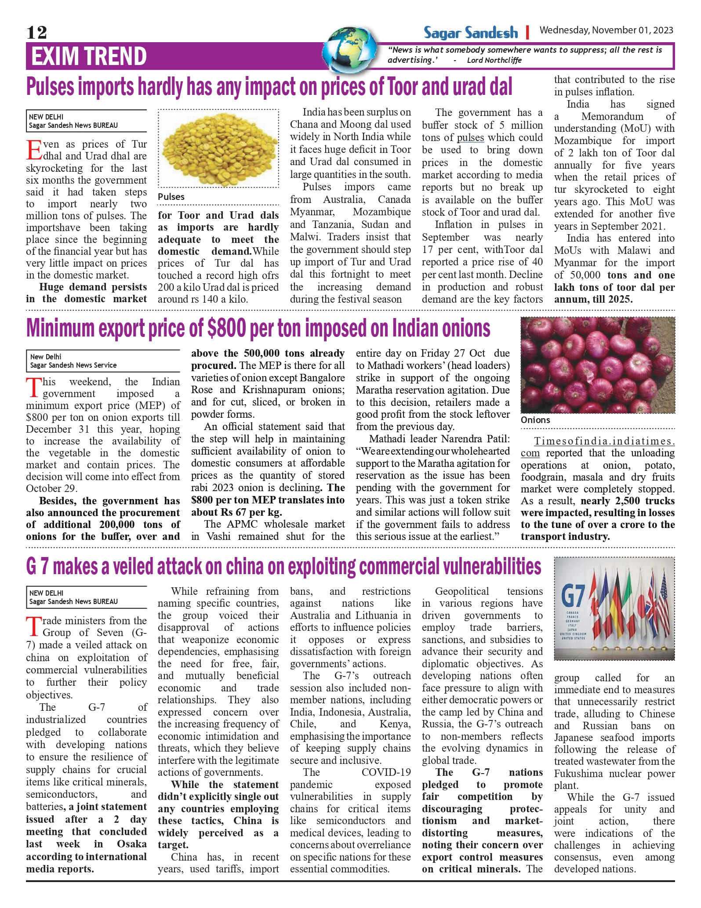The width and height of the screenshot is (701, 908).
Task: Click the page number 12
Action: [36, 33]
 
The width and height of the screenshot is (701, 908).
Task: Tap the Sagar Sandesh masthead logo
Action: [471, 33]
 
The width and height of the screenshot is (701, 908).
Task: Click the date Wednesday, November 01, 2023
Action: [606, 30]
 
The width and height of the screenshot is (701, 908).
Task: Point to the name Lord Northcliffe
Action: [494, 61]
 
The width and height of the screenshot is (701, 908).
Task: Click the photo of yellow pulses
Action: [218, 148]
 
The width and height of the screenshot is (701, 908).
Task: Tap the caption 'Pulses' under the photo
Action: [171, 197]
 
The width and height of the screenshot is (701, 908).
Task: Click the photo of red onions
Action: [597, 365]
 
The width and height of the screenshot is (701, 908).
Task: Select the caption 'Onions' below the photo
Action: [535, 420]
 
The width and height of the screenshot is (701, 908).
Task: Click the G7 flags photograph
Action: [614, 608]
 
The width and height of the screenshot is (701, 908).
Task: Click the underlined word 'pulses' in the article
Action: [470, 138]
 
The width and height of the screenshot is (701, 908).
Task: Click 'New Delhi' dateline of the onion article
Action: [46, 357]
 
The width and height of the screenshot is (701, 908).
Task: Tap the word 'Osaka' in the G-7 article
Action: [131, 844]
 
